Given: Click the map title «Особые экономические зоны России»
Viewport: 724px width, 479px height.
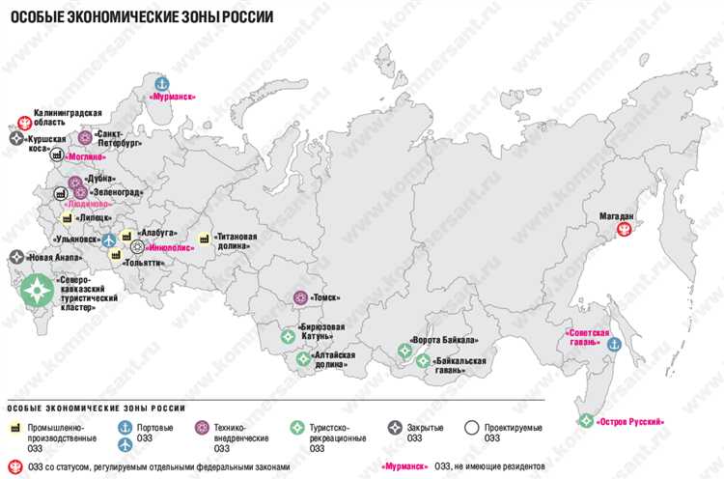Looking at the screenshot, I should [141, 17].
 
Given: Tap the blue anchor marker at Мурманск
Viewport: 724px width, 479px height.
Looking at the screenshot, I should [162, 83].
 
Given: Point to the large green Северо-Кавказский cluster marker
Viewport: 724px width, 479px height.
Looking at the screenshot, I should [39, 289].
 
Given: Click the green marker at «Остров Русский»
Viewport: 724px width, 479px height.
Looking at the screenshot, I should [586, 420].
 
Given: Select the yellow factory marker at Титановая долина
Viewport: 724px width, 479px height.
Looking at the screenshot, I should [204, 238].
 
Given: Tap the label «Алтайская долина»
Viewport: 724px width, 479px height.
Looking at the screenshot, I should [334, 360].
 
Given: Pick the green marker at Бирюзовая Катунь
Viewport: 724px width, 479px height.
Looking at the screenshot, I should [287, 337].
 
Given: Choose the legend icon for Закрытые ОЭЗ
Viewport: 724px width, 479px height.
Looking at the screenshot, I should [395, 427].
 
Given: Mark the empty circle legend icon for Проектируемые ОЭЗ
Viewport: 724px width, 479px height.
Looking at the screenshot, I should [472, 427].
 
